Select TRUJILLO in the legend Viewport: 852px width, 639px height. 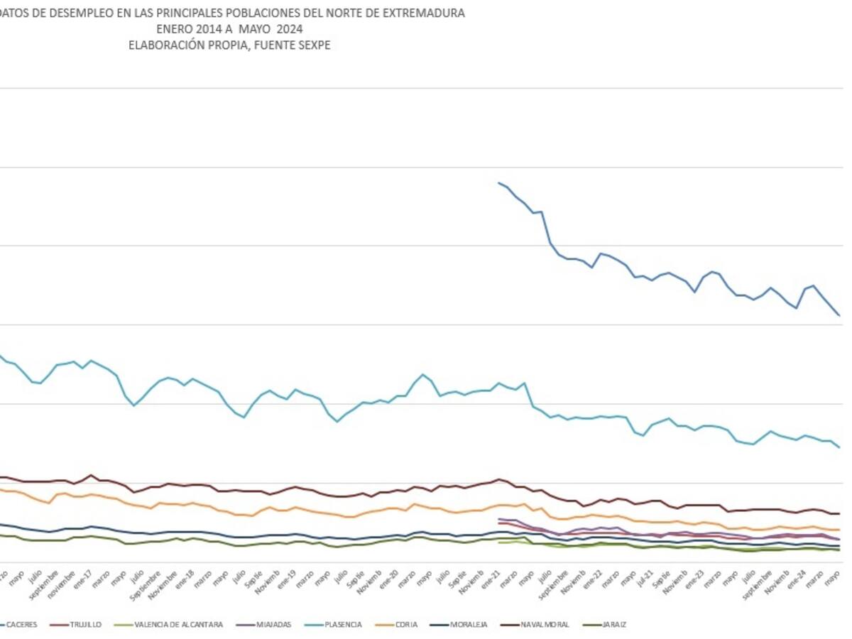click(x=85, y=625)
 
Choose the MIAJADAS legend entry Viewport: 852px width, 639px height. click(x=273, y=625)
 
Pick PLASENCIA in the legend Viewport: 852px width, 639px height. click(x=343, y=625)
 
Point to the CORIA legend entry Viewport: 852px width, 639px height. click(x=406, y=625)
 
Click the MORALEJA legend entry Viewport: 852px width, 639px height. click(x=469, y=625)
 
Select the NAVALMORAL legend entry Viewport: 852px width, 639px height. click(x=545, y=625)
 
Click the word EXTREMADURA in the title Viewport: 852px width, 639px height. click(x=425, y=13)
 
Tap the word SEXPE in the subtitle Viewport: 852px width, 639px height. click(x=315, y=45)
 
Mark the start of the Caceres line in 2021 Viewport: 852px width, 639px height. click(x=499, y=182)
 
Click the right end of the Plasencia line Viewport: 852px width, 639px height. click(x=840, y=447)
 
